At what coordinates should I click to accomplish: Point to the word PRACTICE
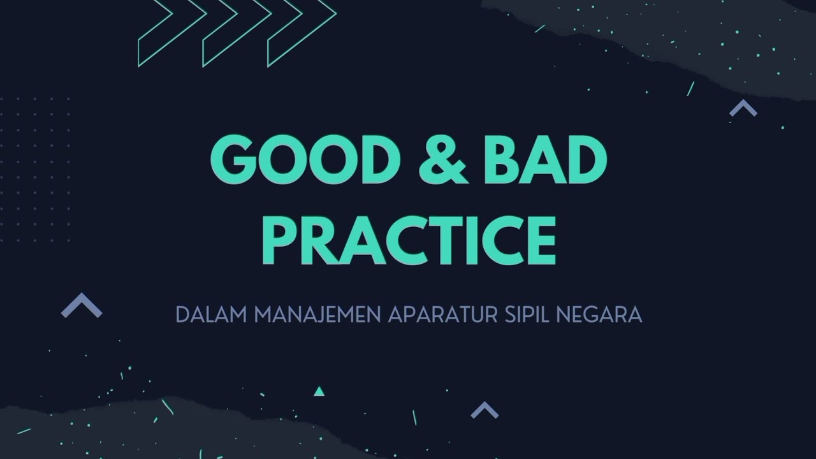(x=408, y=240)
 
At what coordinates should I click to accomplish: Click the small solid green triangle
(x=319, y=391)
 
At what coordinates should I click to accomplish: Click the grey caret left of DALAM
(x=82, y=306)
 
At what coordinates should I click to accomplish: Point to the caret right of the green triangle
(x=484, y=410)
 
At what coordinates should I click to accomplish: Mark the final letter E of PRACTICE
(x=541, y=240)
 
